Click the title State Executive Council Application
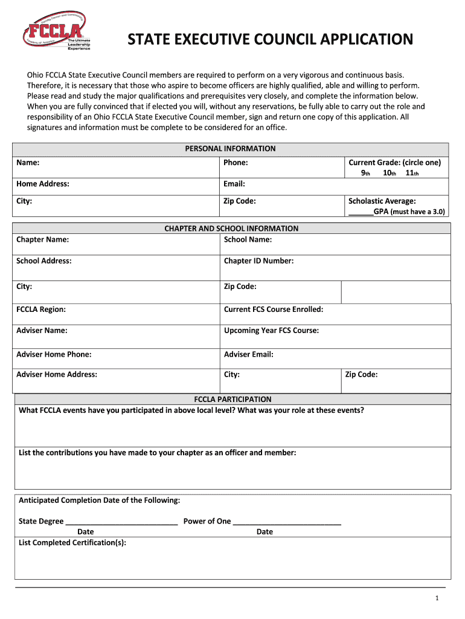270,40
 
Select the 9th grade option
365,173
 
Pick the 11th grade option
412,173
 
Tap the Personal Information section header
230,149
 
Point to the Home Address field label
43,184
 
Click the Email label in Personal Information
234,184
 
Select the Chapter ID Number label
258,261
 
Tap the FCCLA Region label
41,309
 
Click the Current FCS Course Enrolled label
274,309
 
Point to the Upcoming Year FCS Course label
271,331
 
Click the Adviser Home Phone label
54,355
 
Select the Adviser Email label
249,355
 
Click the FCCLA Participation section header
232,400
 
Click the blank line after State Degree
121,522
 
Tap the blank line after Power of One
287,522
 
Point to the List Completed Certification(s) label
72,543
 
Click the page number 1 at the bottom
437,598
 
